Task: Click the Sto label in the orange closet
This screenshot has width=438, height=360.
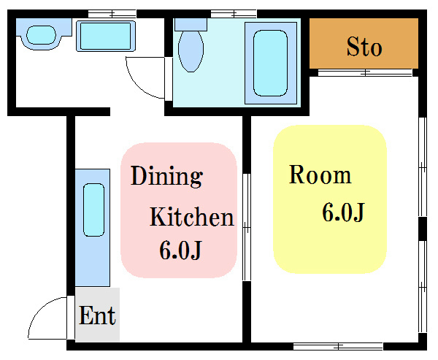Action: pyautogui.click(x=364, y=47)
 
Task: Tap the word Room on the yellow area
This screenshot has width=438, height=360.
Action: pyautogui.click(x=320, y=175)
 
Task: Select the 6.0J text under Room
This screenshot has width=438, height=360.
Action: pyautogui.click(x=344, y=212)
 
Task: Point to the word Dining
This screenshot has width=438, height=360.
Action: pyautogui.click(x=166, y=177)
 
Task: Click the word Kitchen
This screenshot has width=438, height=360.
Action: pyautogui.click(x=191, y=217)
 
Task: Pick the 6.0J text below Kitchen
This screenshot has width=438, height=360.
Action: pyautogui.click(x=180, y=250)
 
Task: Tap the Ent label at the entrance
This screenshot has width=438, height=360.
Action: pyautogui.click(x=97, y=315)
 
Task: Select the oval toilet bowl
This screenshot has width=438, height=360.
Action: pyautogui.click(x=191, y=51)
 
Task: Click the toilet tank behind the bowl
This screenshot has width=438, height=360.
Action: pyautogui.click(x=191, y=25)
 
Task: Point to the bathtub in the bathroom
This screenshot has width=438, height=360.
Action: pyautogui.click(x=270, y=64)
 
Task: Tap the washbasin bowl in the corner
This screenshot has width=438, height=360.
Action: pyautogui.click(x=41, y=35)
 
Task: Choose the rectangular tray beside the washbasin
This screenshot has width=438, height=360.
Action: pyautogui.click(x=106, y=36)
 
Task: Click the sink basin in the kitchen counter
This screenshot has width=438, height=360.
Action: pyautogui.click(x=94, y=210)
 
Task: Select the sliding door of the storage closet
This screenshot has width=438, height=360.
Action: pyautogui.click(x=365, y=73)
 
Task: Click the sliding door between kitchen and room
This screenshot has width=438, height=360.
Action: pyautogui.click(x=247, y=227)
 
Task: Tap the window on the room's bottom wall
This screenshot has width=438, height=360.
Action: pyautogui.click(x=338, y=347)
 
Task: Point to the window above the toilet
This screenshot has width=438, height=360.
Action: pyautogui.click(x=234, y=14)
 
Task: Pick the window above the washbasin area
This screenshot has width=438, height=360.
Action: pyautogui.click(x=112, y=14)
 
